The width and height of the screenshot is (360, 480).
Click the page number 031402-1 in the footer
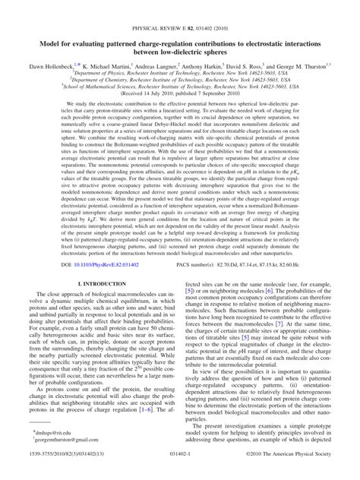pyautogui.click(x=180, y=471)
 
